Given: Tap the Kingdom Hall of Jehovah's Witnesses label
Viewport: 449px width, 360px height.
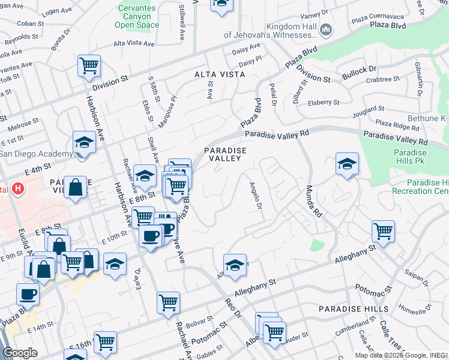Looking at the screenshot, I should [x=274, y=32].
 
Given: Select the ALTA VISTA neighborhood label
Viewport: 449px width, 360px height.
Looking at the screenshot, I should [x=220, y=74].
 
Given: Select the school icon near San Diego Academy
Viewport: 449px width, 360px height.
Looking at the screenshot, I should [x=84, y=142].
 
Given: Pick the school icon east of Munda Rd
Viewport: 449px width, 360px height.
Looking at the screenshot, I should [x=347, y=163].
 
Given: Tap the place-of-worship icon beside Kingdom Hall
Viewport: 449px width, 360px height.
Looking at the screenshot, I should [x=326, y=29].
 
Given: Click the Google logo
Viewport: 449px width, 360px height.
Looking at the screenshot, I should [x=20, y=352].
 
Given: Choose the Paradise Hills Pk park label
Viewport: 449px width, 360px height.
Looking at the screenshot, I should [x=410, y=157].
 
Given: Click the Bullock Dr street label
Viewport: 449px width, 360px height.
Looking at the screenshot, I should [x=359, y=73].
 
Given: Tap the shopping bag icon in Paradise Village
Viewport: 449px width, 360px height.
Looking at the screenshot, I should [x=77, y=186].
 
